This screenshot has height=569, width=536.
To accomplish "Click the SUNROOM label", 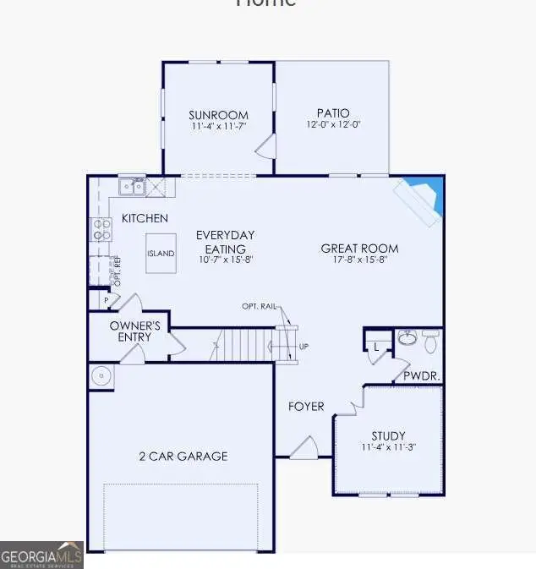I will (218, 115).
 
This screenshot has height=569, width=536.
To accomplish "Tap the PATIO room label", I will (332, 112).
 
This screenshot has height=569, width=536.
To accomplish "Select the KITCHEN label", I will (145, 218).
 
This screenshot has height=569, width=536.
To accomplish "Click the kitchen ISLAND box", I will (161, 253).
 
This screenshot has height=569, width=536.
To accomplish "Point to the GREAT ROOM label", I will (359, 249).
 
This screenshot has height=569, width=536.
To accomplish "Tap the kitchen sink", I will (132, 186).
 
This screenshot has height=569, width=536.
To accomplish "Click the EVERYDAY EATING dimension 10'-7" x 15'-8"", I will (225, 260).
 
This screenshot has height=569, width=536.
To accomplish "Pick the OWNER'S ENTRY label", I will (135, 331).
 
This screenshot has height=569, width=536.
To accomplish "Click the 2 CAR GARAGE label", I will (183, 457).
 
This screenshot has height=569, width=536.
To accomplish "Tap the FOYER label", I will (306, 407).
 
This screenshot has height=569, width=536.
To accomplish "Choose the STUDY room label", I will (388, 436).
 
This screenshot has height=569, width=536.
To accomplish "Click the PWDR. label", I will (420, 375).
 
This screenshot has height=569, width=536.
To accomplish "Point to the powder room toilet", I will (430, 341).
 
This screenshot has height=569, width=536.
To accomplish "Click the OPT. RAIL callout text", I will (258, 306).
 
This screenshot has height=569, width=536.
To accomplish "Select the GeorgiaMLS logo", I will (41, 555).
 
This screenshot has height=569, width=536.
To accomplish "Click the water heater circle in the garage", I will (101, 376).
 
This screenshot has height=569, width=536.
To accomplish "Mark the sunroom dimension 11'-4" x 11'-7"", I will (218, 127).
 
